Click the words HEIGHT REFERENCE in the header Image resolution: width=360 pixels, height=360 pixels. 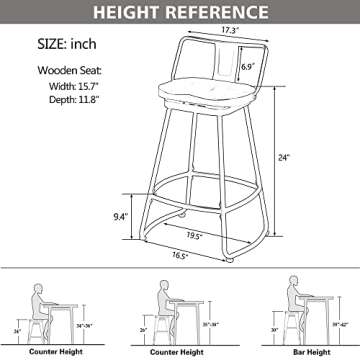pyautogui.click(x=180, y=13)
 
